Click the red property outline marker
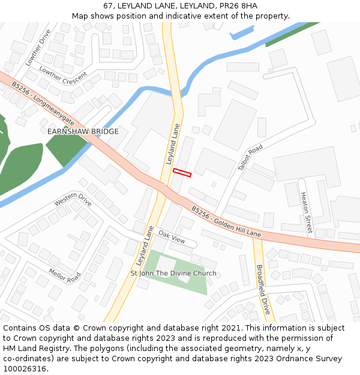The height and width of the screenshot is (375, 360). click(x=182, y=173)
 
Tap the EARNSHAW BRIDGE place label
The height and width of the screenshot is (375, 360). click(x=83, y=131)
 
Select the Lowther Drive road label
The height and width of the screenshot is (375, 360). click(x=38, y=48)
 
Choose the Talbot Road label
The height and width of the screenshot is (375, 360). click(x=250, y=157)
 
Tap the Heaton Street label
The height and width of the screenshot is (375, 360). click(x=306, y=212)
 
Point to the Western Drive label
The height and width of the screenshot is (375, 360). click(x=73, y=199)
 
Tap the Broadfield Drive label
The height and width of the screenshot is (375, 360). click(x=263, y=290)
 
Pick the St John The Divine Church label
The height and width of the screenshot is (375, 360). click(x=173, y=274)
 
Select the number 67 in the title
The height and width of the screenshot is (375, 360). click(x=109, y=6)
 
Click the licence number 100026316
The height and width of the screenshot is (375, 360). click(x=25, y=369)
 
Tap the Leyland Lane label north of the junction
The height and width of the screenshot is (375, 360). click(x=173, y=144)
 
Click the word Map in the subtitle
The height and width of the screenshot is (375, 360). click(x=80, y=16)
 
